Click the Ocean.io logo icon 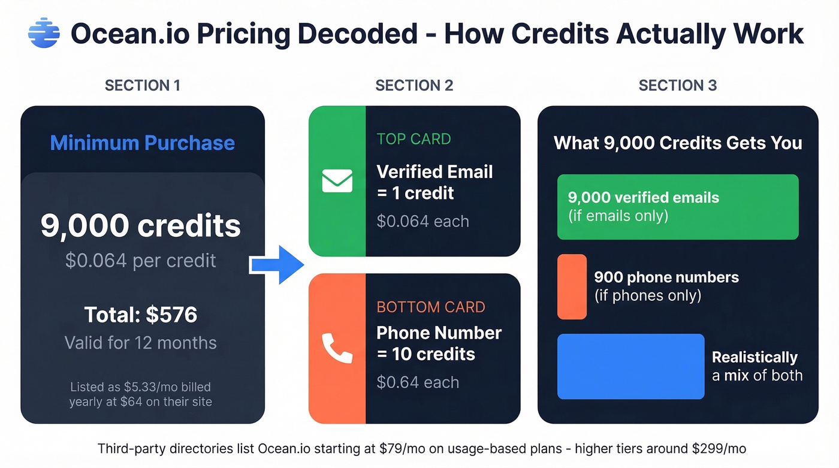[x=44, y=33]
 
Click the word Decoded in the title [x=358, y=34]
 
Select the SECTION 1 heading [x=143, y=86]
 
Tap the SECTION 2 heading [x=414, y=86]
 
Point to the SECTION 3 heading [x=677, y=86]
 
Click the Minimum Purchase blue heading [x=143, y=143]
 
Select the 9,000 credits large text [x=141, y=226]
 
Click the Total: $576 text [x=141, y=315]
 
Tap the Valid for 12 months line [x=141, y=343]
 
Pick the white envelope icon [x=337, y=181]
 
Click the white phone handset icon [x=337, y=348]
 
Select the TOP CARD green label [x=414, y=139]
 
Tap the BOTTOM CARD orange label [x=431, y=307]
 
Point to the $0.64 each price [x=417, y=382]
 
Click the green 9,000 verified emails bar [x=677, y=207]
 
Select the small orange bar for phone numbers [x=572, y=286]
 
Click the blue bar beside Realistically [x=630, y=366]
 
